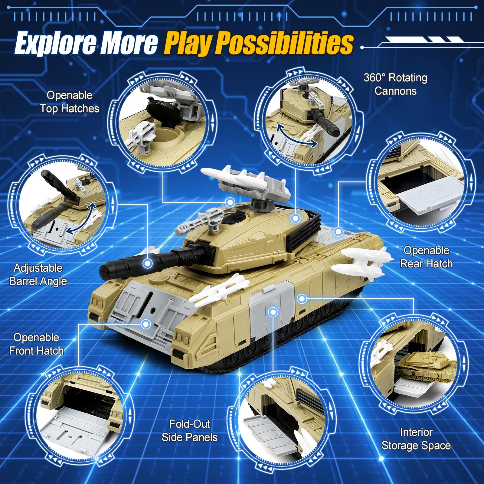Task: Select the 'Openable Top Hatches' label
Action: coord(70,102)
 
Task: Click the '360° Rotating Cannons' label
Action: coord(396,84)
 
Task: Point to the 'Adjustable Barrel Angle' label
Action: coord(38,274)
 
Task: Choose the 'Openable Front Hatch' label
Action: coord(36,344)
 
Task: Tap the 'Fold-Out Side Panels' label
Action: coord(190,430)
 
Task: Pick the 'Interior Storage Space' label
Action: coord(416,439)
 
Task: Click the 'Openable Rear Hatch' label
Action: coord(427,257)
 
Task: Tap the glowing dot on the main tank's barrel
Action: coord(148,263)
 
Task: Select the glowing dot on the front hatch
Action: coord(146,324)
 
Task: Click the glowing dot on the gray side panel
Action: coord(273,312)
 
